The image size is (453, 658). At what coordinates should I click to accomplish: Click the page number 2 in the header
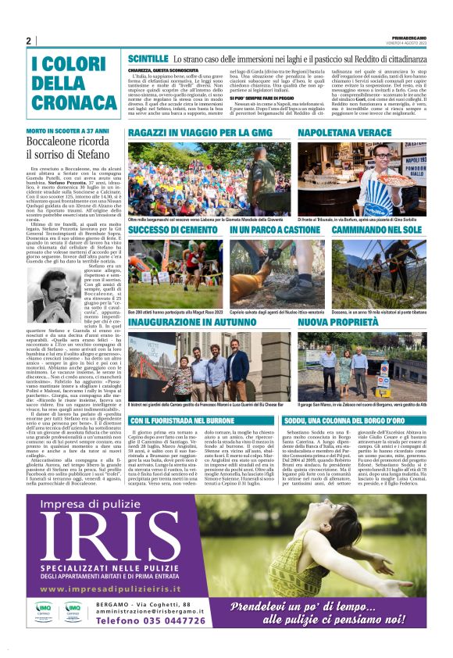coord(28,41)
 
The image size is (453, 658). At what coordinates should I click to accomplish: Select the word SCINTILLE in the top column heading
coord(148,59)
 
